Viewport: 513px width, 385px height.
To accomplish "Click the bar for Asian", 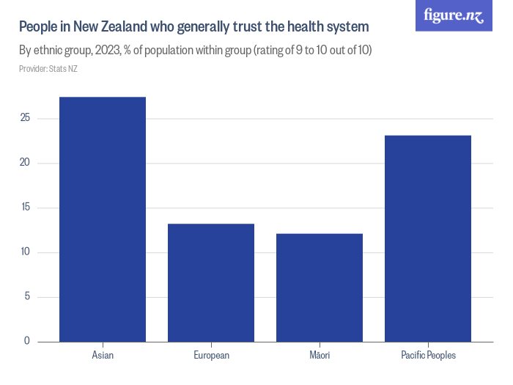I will point(103,219).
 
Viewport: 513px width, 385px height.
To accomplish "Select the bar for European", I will point(211,282).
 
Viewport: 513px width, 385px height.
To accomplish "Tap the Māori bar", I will point(320,287).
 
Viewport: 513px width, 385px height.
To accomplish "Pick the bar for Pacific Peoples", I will point(428,238).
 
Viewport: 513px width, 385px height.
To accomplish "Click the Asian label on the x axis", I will point(103,356).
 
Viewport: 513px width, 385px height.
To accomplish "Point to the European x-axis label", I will point(211,356).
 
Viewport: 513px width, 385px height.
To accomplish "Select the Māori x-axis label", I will point(320,356).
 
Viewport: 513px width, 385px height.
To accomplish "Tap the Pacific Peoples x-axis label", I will point(428,356).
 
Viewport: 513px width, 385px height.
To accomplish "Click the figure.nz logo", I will point(454,15).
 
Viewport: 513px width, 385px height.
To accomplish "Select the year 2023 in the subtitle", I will point(108,51).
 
